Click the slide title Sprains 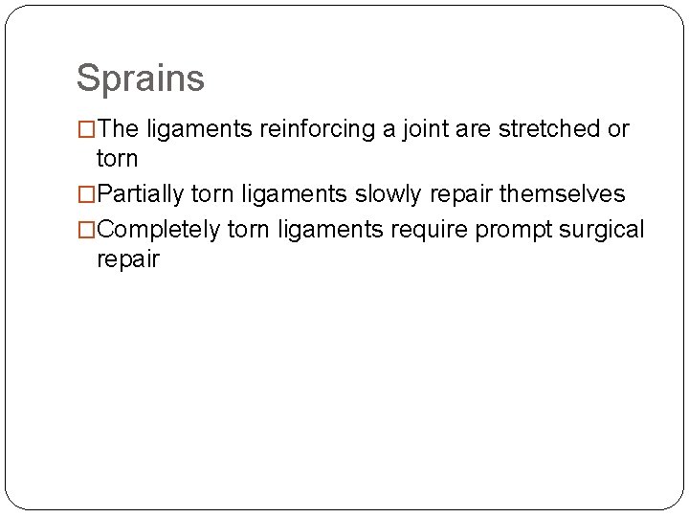pyautogui.click(x=140, y=79)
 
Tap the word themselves pyautogui.click(x=564, y=194)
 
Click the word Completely pyautogui.click(x=157, y=231)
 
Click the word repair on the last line pyautogui.click(x=128, y=259)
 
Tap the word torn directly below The pyautogui.click(x=117, y=158)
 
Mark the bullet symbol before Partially pyautogui.click(x=86, y=194)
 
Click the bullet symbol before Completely pyautogui.click(x=86, y=231)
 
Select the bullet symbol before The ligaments pyautogui.click(x=86, y=129)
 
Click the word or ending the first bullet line pyautogui.click(x=618, y=129)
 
